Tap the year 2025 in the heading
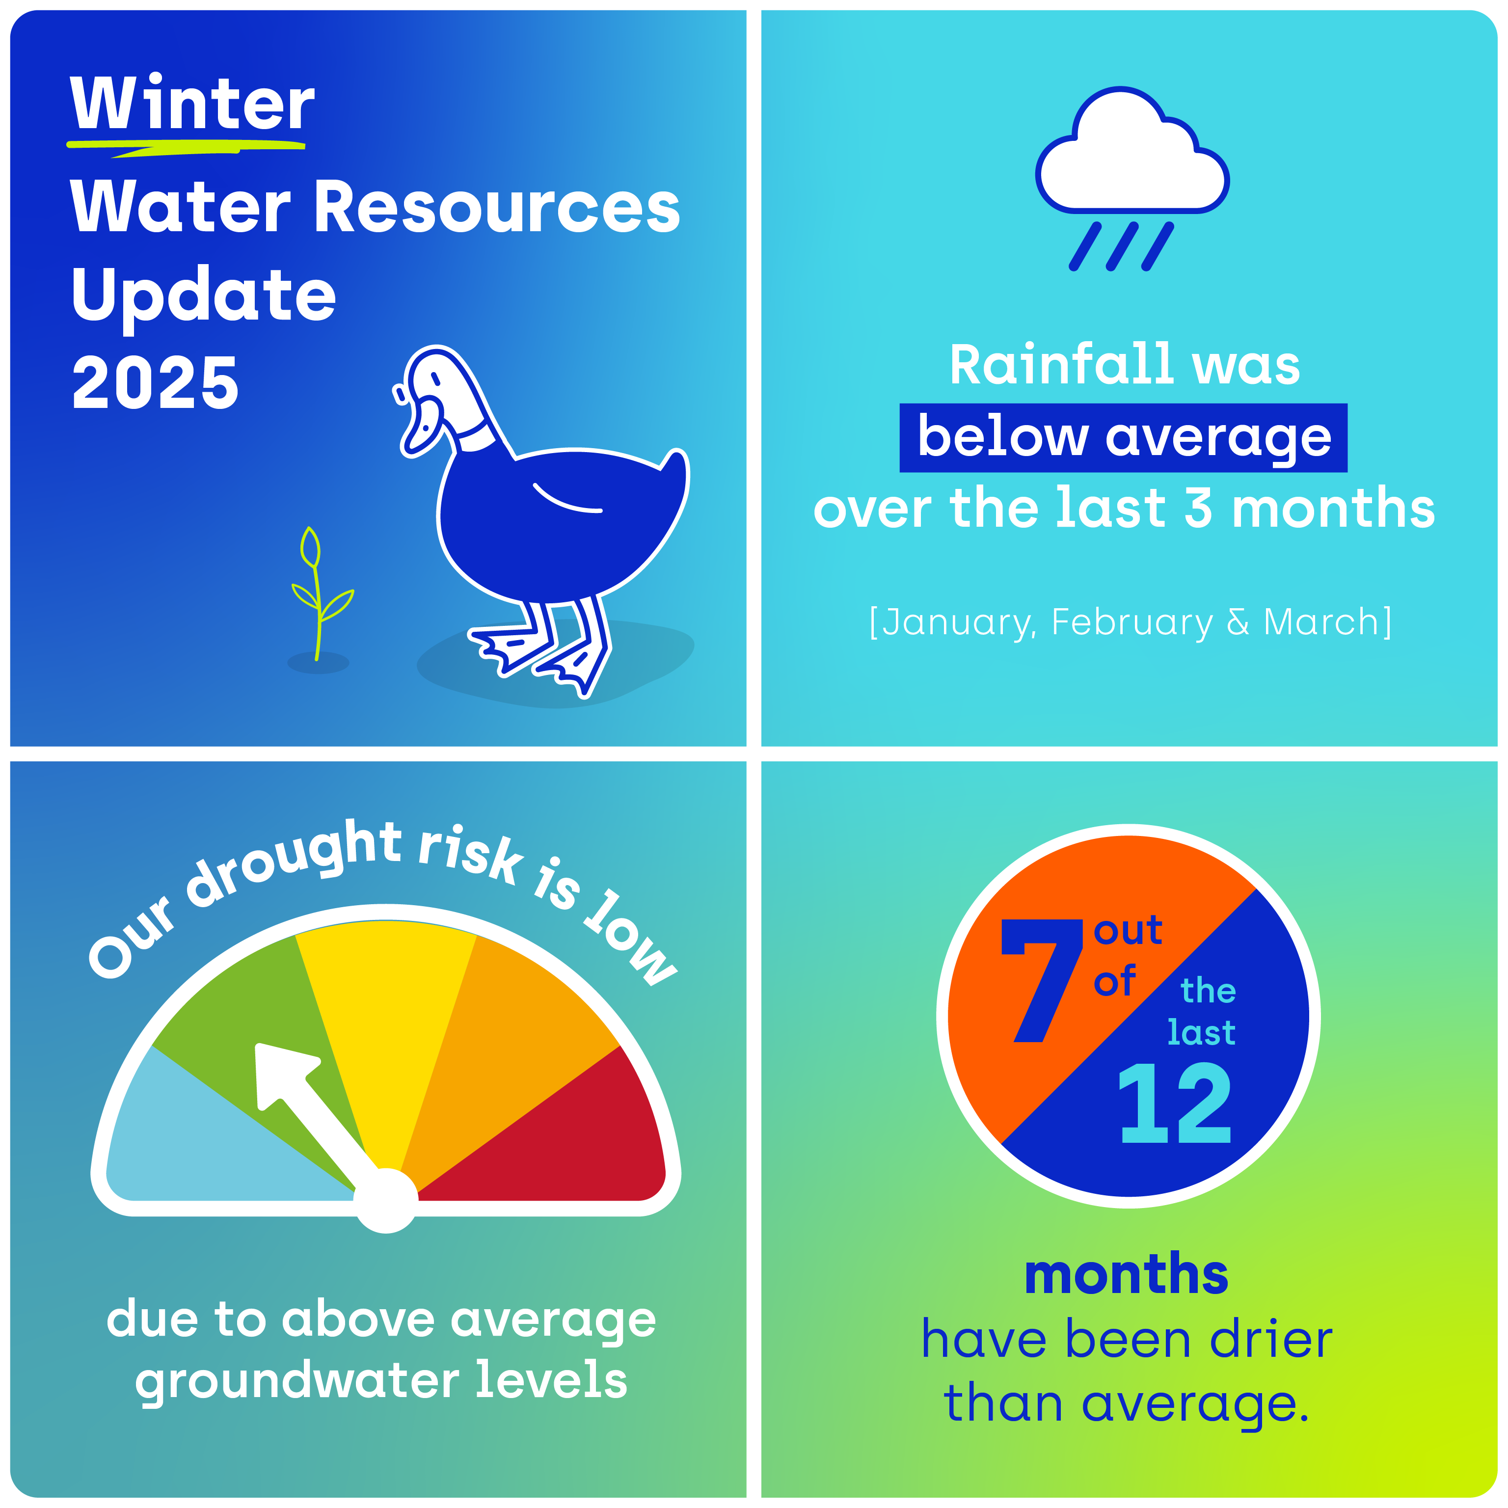(155, 382)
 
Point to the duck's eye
(435, 378)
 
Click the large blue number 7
(1041, 980)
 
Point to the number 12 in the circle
(1175, 1104)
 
